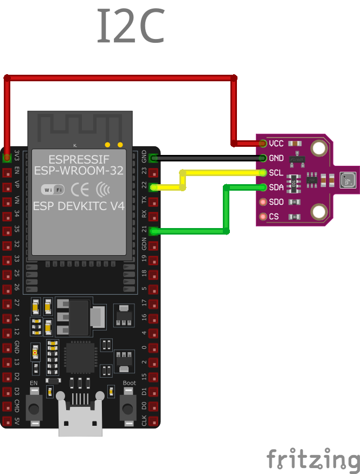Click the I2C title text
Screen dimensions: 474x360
click(130, 26)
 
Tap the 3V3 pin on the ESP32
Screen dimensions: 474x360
click(7, 158)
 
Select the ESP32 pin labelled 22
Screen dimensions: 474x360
click(153, 187)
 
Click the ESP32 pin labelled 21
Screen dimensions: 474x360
click(153, 231)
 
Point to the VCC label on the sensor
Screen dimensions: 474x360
click(276, 144)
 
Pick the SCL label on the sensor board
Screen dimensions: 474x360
click(276, 173)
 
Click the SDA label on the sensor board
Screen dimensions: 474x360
click(276, 187)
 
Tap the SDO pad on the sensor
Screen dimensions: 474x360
click(263, 202)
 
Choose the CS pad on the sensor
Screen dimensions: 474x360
click(263, 217)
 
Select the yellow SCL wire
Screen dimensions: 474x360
click(222, 173)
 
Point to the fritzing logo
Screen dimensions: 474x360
click(313, 459)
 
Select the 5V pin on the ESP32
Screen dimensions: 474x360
click(7, 421)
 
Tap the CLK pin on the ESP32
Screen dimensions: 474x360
click(153, 421)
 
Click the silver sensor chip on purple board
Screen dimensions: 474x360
click(347, 180)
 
